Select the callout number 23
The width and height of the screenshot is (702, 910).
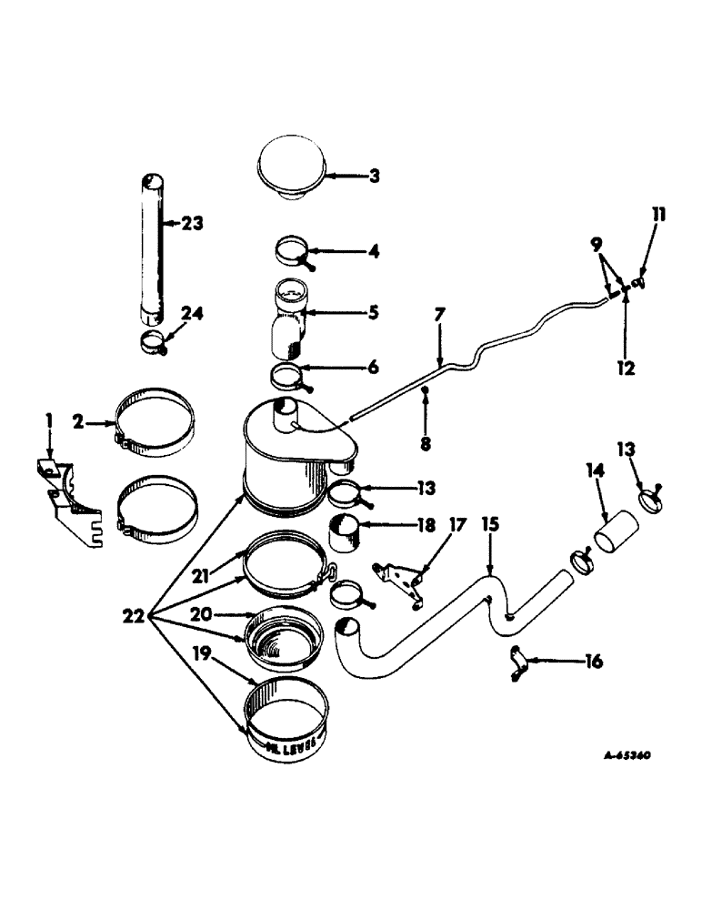coord(192,223)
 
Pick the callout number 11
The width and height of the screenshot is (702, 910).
coord(658,216)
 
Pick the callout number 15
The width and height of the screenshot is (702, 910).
coord(490,526)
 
